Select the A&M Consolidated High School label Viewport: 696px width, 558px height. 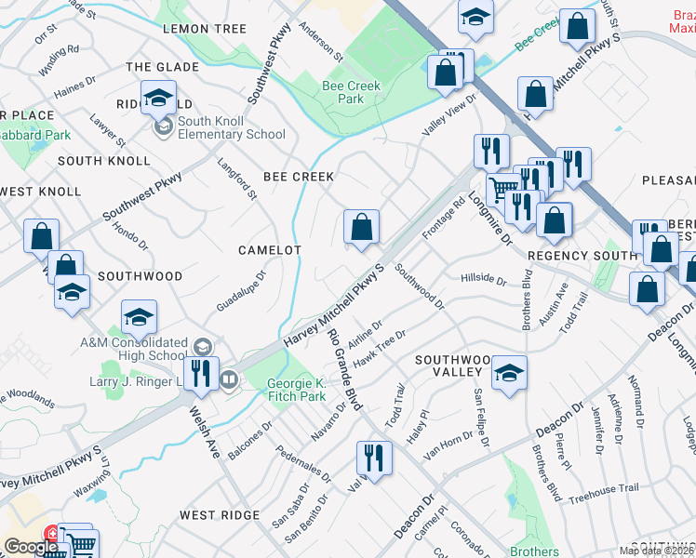(133, 349)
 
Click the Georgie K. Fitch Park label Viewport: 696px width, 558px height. (297, 390)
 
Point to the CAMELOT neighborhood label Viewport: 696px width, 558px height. (270, 250)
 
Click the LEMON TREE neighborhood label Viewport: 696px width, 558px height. (204, 29)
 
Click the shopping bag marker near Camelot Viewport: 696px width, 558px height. (361, 228)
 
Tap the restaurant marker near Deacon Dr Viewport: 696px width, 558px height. (374, 458)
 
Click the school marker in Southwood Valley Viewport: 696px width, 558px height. (508, 374)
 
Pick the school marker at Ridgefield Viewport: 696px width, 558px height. (160, 97)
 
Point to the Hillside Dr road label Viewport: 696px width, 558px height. (483, 279)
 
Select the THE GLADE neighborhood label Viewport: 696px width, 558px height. (162, 67)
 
